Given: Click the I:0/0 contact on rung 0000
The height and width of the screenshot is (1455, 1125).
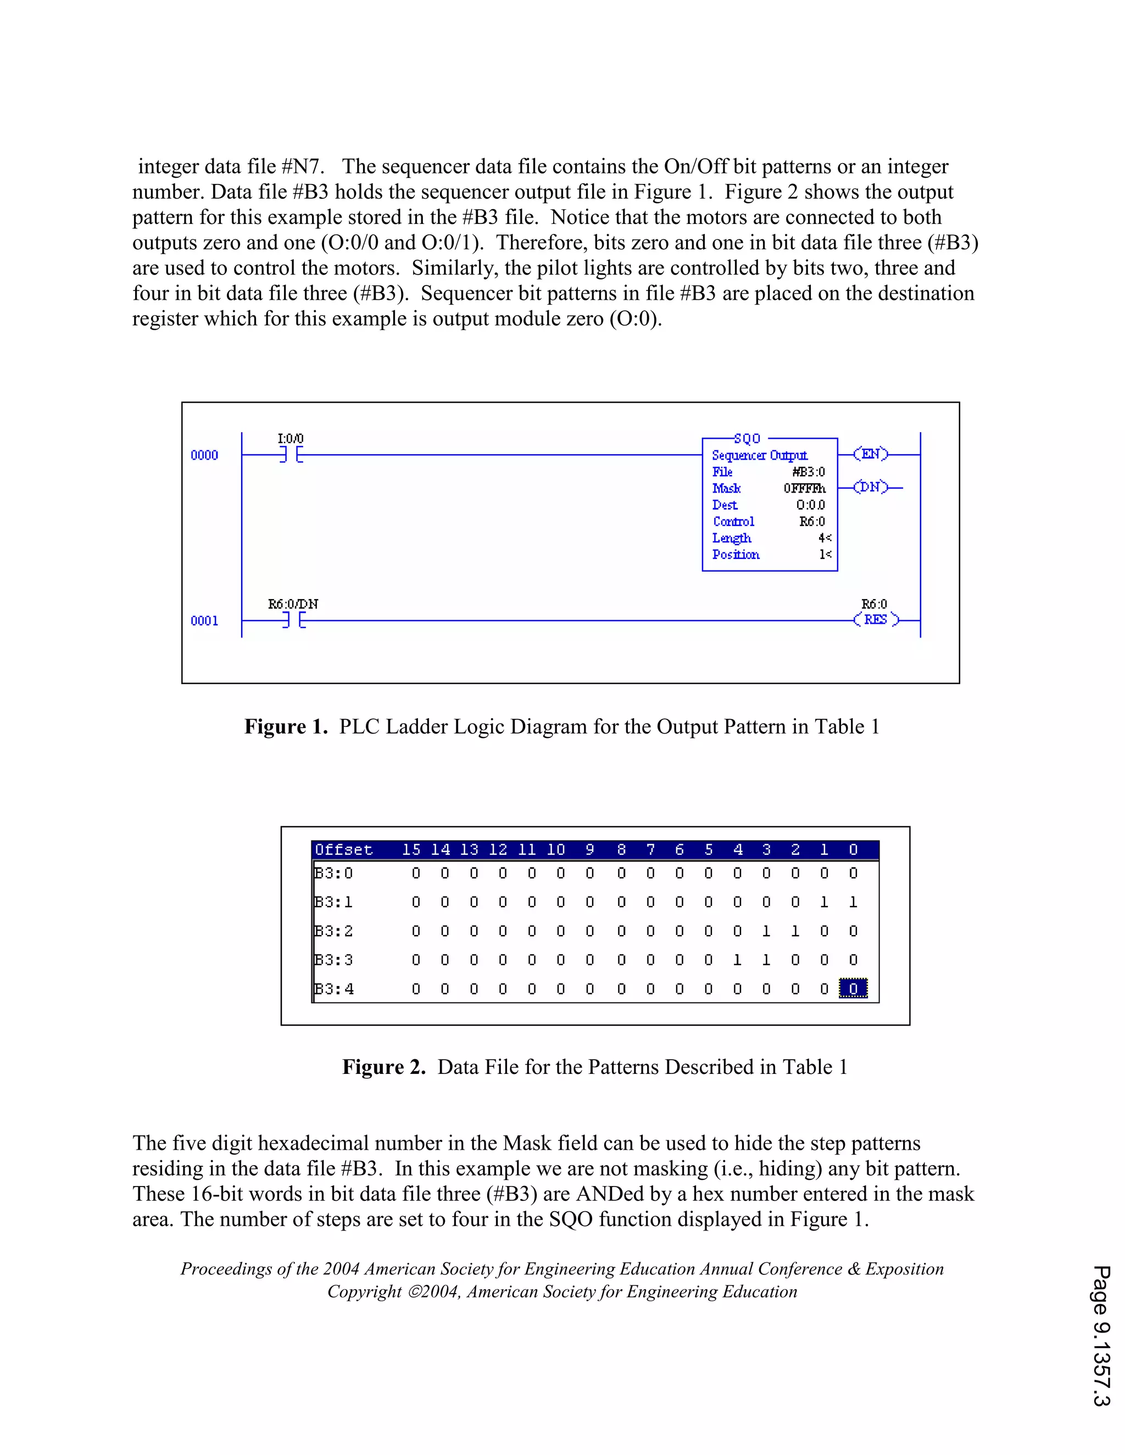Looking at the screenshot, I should pyautogui.click(x=291, y=455).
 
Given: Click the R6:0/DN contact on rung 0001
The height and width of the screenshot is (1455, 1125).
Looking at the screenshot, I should pyautogui.click(x=294, y=620).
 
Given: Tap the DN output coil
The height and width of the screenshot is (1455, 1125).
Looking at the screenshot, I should pyautogui.click(x=871, y=488).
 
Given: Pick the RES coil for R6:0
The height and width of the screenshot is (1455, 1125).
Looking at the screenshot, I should pyautogui.click(x=876, y=619).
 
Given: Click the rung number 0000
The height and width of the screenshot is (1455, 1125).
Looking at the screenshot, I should pyautogui.click(x=204, y=455).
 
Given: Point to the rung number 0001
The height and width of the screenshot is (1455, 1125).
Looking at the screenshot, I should pyautogui.click(x=204, y=621).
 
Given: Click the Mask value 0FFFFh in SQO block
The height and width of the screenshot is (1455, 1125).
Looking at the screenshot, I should pyautogui.click(x=804, y=488).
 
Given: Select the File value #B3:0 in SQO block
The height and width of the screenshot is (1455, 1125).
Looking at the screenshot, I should pyautogui.click(x=809, y=472).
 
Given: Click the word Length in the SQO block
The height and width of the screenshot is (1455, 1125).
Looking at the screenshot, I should pyautogui.click(x=731, y=538).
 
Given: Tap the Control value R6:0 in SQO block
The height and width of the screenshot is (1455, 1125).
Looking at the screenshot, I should pyautogui.click(x=812, y=522).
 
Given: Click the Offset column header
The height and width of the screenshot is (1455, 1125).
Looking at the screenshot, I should pyautogui.click(x=343, y=849).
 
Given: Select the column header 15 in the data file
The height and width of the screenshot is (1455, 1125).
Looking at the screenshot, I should pyautogui.click(x=411, y=849).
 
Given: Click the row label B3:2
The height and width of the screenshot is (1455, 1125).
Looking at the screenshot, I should pyautogui.click(x=333, y=931).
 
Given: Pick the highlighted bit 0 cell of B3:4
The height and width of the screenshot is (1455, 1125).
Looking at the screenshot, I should pyautogui.click(x=853, y=989).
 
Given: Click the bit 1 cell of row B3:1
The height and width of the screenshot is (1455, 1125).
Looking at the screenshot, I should pyautogui.click(x=825, y=902).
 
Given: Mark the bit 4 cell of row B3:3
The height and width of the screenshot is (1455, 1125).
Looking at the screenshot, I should pyautogui.click(x=737, y=960).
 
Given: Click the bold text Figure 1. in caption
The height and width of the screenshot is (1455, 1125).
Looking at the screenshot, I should pyautogui.click(x=286, y=726).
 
